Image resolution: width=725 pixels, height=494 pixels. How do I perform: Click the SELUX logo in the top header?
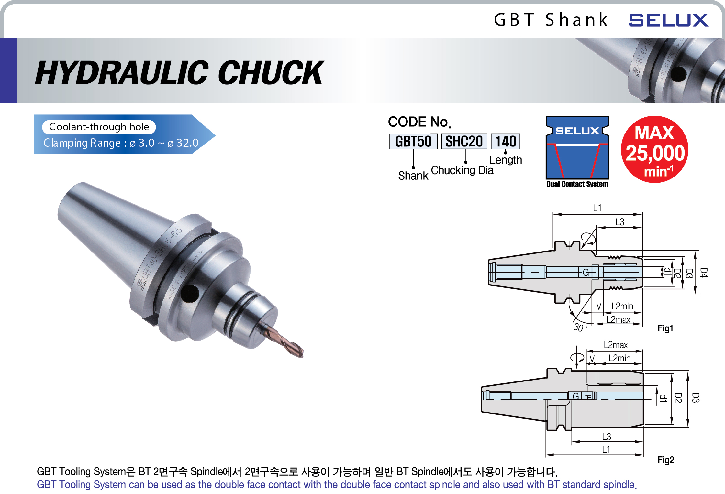pos(668,20)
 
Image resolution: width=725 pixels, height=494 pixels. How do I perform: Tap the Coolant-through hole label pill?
pos(99,127)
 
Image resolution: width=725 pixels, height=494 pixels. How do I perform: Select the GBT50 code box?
pos(413,141)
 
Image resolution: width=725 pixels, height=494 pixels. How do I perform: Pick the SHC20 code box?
pos(464,141)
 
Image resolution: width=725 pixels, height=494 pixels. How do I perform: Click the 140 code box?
pos(505,141)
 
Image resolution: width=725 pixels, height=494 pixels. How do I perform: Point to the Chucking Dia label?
pos(462,170)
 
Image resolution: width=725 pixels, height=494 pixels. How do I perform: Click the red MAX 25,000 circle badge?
pos(654,150)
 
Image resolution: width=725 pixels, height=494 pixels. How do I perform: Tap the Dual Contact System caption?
pos(577,184)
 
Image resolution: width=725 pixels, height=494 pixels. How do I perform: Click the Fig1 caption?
pos(665,328)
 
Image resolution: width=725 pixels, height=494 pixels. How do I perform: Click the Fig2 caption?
pos(665,460)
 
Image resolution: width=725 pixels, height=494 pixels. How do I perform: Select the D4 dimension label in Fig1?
pos(703,272)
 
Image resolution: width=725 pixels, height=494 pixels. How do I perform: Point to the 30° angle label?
pos(579,327)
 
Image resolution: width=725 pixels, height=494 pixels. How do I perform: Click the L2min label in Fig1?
pos(622,306)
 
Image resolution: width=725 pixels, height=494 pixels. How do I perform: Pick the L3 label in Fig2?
pos(606,437)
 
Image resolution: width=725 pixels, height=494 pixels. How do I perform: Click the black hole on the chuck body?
pos(190,293)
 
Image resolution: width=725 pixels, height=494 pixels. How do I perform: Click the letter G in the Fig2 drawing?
pos(576,396)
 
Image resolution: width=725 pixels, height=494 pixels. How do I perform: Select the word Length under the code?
pos(506,160)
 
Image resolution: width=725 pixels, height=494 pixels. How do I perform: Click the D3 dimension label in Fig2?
pos(695,398)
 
